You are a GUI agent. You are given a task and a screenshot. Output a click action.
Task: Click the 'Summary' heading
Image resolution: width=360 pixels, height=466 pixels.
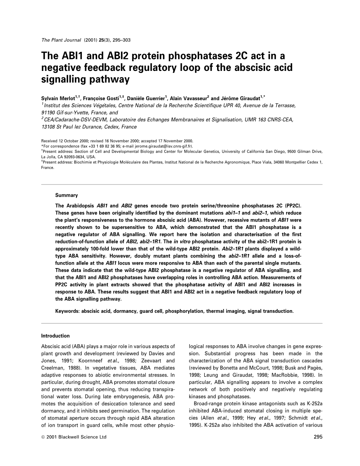tap(66, 195)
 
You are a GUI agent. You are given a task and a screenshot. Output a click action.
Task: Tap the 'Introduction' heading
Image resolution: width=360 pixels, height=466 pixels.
tap(55, 336)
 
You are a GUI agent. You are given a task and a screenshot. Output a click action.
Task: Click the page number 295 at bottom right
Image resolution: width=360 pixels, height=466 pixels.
tap(318, 437)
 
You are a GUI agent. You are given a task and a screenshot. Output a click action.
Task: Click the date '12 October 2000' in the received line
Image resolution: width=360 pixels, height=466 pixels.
tap(75, 140)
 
